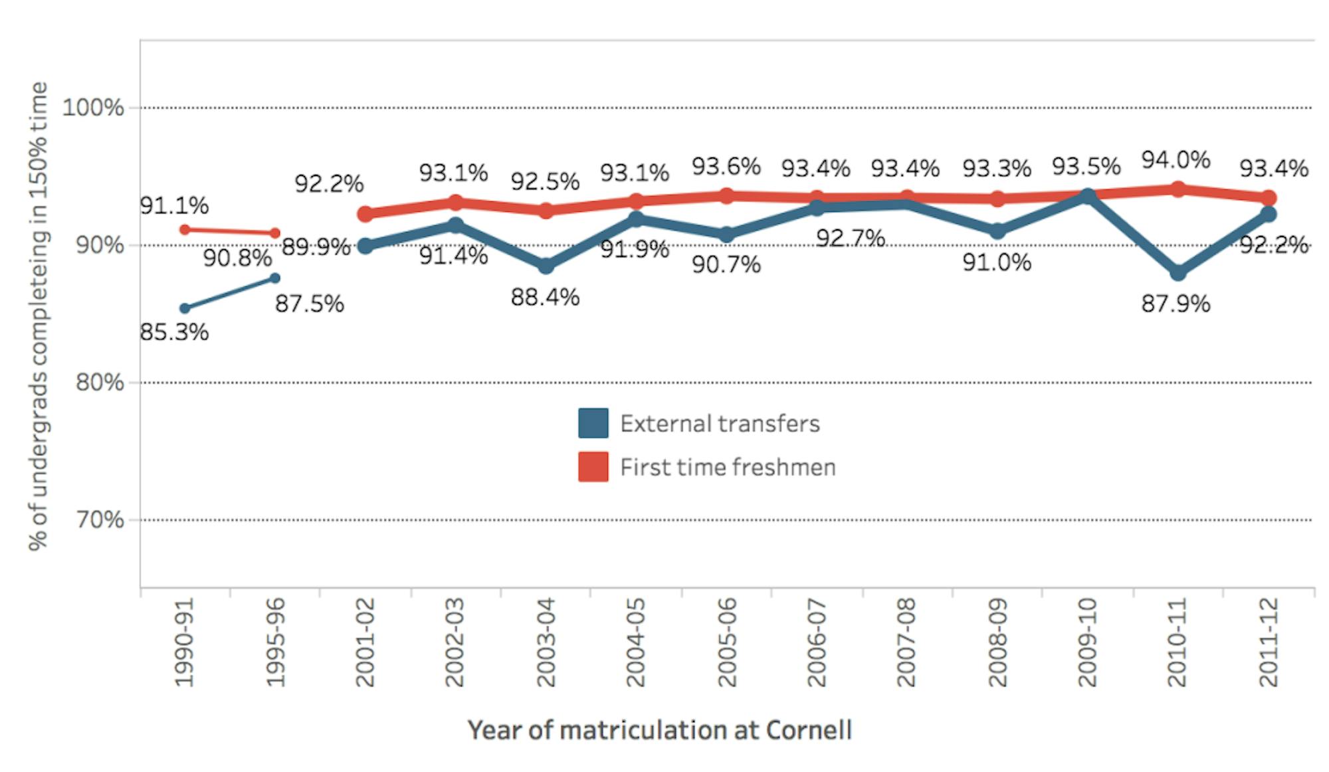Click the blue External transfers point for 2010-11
coord(1177,272)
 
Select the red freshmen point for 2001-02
coord(365,214)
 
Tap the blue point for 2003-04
coord(546,266)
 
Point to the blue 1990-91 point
coord(185,308)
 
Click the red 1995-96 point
coord(274,233)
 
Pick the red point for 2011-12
coord(1268,198)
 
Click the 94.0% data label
coord(1176,160)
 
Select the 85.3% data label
coord(174,332)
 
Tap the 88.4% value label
coord(545,297)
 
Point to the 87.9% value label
coord(1176,304)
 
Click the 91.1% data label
coord(174,205)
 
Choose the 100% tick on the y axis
coord(93,108)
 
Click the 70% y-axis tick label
coord(100,520)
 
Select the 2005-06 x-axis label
coord(726,642)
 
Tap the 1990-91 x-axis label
coord(183,642)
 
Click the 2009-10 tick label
coord(1086,642)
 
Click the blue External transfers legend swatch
coord(593,423)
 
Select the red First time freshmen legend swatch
coord(593,466)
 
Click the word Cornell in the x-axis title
coord(809,730)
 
